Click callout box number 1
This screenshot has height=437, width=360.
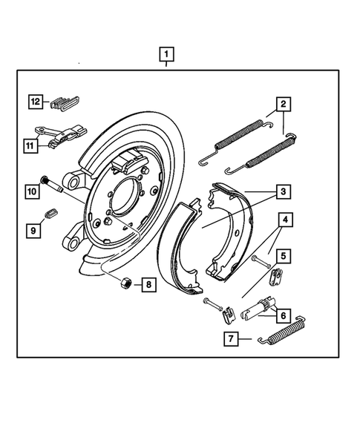(167, 54)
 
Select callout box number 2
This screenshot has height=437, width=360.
(284, 104)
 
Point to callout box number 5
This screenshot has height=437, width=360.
(284, 257)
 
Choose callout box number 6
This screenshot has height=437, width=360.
(284, 315)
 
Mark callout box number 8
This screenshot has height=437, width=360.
(148, 283)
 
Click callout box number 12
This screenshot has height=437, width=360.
(35, 101)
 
